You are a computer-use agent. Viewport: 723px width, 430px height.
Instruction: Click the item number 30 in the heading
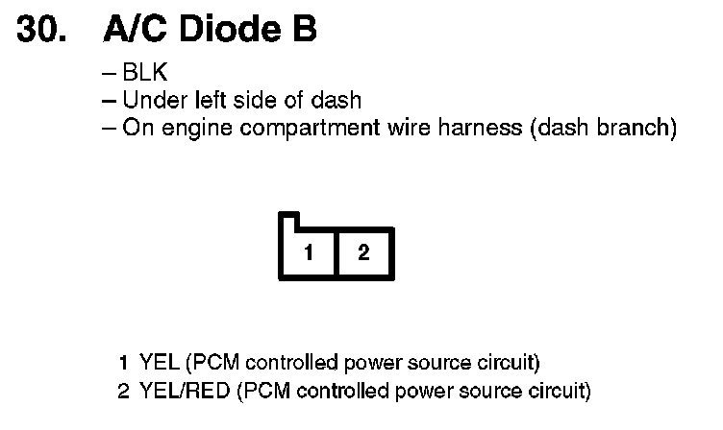[42, 30]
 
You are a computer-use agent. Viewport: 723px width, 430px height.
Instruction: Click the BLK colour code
[146, 74]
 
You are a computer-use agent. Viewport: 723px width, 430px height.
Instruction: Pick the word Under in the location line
[152, 100]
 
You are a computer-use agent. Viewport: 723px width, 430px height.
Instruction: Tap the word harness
[478, 128]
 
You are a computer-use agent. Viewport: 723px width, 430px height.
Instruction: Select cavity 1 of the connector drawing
[308, 252]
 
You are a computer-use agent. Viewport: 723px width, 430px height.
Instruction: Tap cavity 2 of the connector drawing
[362, 252]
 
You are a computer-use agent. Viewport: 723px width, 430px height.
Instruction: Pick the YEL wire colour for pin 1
[159, 363]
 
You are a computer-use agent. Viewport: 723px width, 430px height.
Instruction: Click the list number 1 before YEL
[124, 363]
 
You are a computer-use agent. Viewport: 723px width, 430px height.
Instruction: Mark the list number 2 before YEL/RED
[124, 391]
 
